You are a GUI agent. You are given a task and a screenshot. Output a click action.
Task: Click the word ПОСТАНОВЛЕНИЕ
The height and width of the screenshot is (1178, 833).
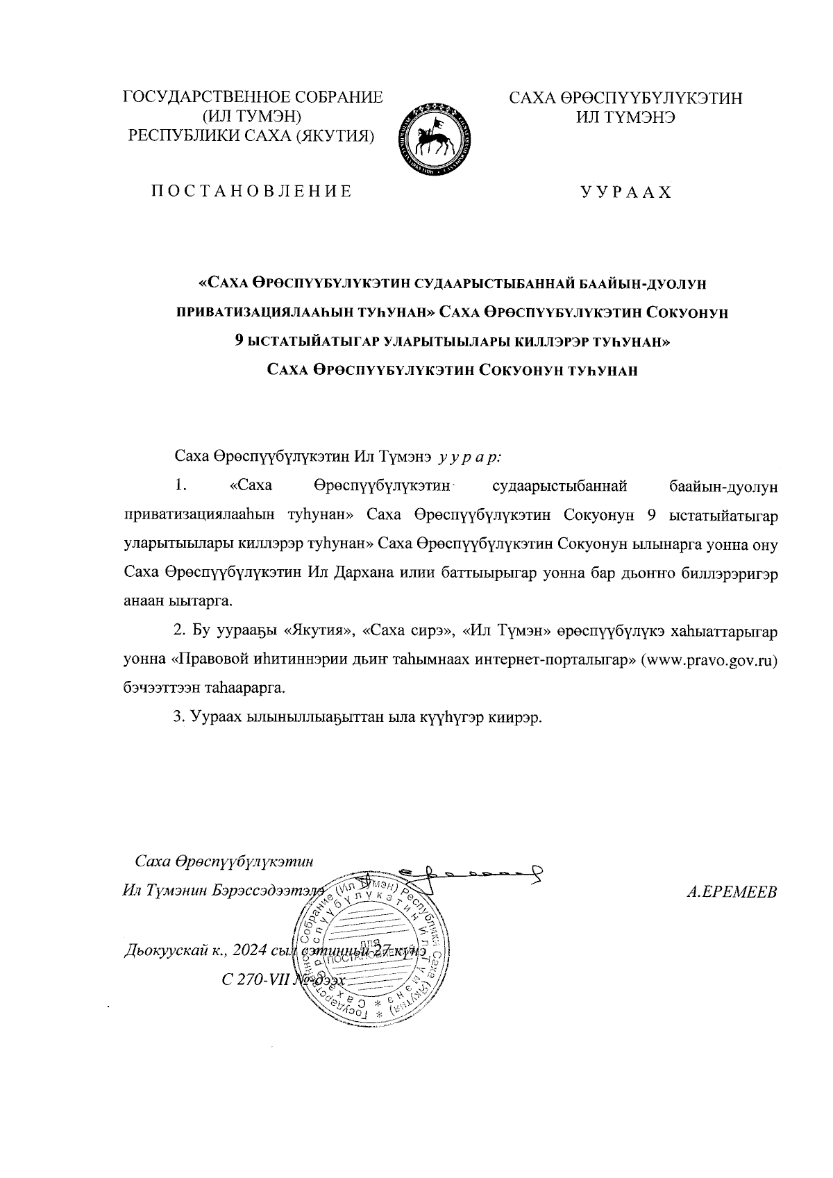point(251,191)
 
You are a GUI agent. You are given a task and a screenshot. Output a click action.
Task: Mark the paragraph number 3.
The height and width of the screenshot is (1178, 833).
point(178,716)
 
